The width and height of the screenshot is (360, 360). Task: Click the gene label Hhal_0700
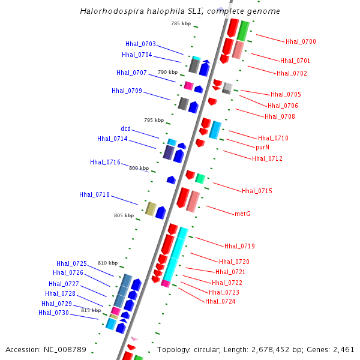coord(301,41)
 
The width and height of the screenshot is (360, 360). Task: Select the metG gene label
coord(242,213)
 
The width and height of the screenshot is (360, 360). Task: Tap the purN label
coord(262,147)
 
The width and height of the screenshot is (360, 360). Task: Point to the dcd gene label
coord(125,128)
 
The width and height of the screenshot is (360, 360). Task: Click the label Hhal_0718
coord(94,194)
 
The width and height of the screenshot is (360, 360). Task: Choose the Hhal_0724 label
coord(220,301)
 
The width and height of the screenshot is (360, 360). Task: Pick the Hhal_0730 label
coord(53,313)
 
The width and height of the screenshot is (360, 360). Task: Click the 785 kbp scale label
coord(181,23)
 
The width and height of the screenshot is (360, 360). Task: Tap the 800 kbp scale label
coord(139,168)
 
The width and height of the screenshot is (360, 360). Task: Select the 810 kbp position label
coord(108,263)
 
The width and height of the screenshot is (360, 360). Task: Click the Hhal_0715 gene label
coord(257,191)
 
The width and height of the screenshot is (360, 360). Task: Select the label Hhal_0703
coord(140,44)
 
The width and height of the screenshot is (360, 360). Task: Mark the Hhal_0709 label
coord(127,91)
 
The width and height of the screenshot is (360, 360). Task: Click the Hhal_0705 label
coord(286,94)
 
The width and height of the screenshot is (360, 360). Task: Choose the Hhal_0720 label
coord(234,262)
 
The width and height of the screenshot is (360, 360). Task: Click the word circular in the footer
coord(208,349)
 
